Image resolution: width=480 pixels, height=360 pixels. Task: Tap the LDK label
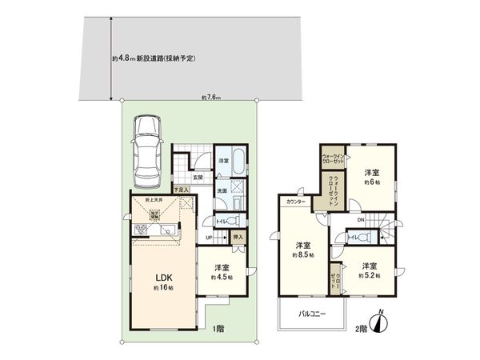click(x=164, y=279)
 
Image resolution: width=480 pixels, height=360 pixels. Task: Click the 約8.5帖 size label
click(x=303, y=254)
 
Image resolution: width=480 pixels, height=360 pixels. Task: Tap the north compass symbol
click(x=382, y=323)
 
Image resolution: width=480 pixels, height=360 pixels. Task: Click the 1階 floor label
click(x=218, y=329)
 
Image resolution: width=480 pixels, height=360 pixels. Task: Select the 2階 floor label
click(x=361, y=329)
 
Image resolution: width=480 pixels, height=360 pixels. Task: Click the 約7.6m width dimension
click(x=211, y=98)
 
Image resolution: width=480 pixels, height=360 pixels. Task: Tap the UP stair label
click(x=209, y=237)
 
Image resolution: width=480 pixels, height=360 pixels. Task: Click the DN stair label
click(x=361, y=220)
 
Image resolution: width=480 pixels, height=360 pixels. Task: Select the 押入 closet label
click(x=237, y=237)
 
